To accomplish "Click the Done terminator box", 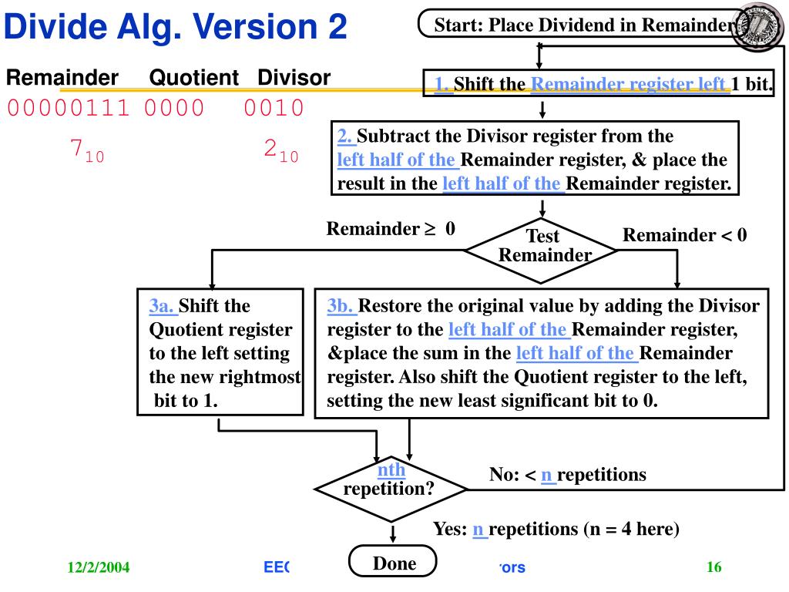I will pos(393,563).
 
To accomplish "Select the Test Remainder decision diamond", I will pos(542,247).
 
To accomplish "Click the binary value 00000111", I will pos(68,107).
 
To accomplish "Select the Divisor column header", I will pos(294,77).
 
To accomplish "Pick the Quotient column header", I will pos(193,77).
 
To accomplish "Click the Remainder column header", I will pos(62,77).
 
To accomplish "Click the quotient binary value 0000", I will pos(174,107).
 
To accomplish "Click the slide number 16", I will pos(713,568).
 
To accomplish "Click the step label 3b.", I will pos(341,306).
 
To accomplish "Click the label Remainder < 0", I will pos(684,235).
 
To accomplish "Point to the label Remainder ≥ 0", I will pos(390,229).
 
